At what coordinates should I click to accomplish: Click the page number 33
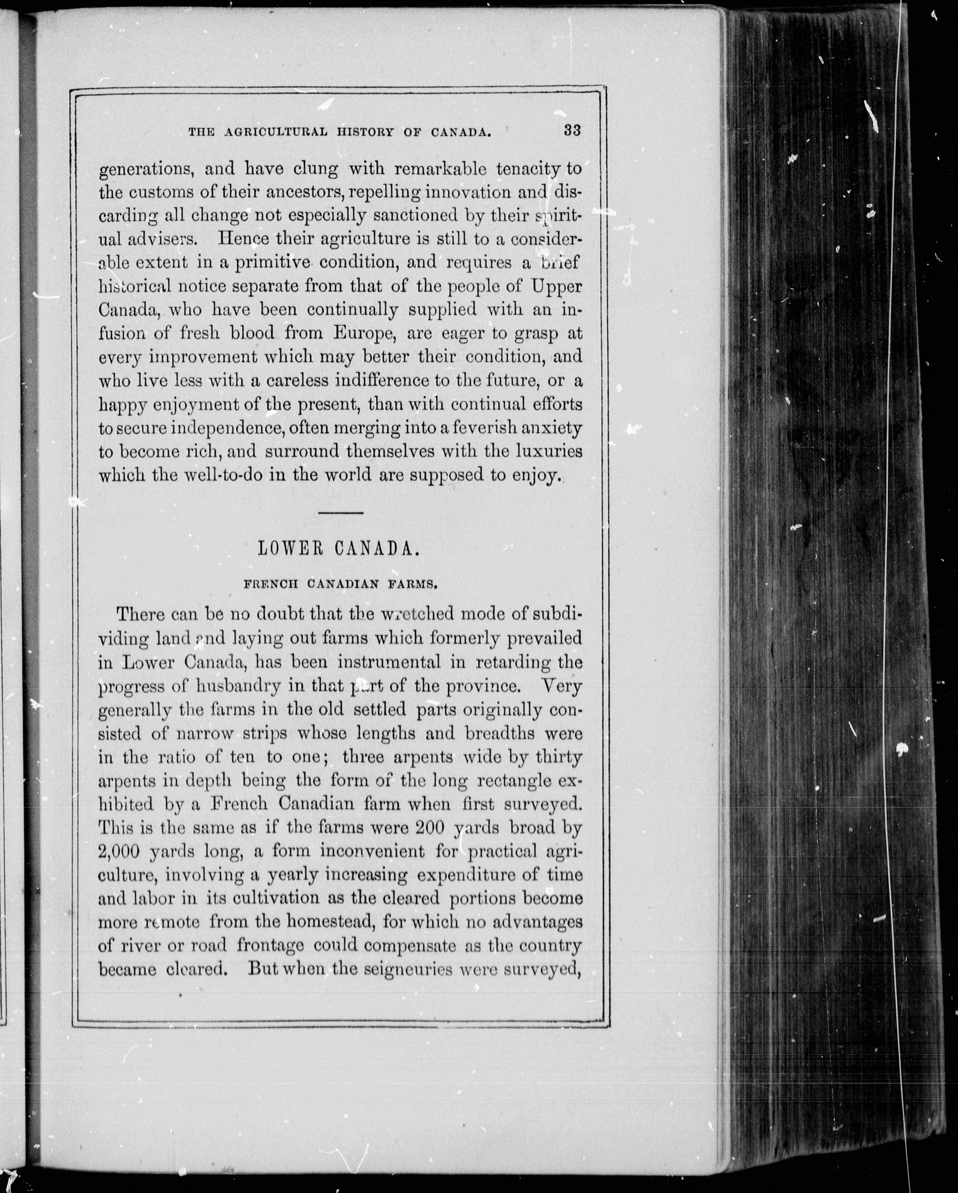(x=572, y=131)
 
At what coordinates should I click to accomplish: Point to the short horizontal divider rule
(x=341, y=513)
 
